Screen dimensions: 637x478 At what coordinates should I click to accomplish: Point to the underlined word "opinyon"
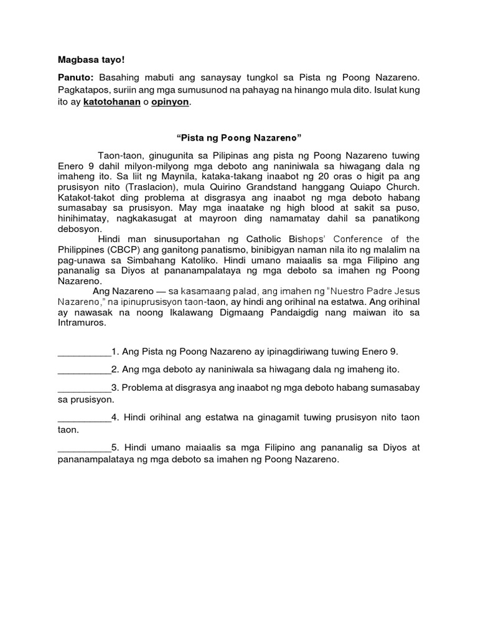click(169, 102)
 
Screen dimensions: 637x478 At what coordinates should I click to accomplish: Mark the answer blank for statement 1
click(84, 352)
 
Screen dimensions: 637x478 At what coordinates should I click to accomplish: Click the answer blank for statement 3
click(84, 388)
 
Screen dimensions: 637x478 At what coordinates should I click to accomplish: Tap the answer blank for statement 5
click(84, 448)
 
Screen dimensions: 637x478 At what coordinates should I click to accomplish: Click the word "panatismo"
click(200, 249)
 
